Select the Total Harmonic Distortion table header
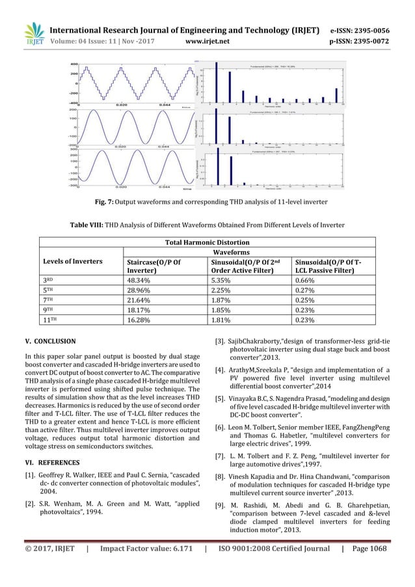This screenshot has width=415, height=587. pos(207,241)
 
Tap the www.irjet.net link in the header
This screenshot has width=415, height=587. pos(205,38)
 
